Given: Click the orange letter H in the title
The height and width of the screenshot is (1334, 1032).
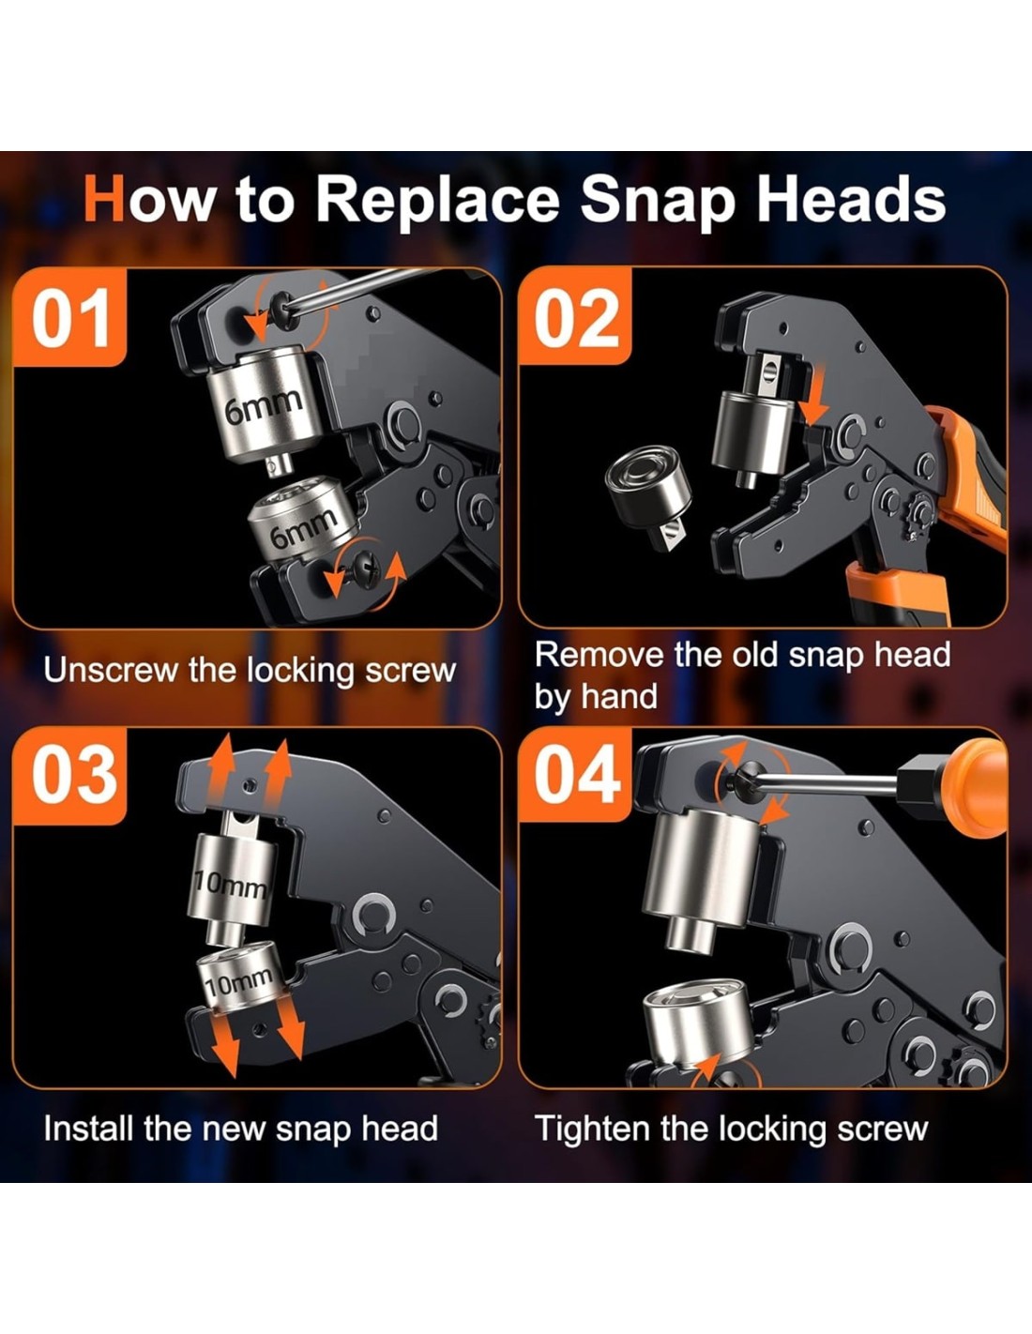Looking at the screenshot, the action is pos(104,198).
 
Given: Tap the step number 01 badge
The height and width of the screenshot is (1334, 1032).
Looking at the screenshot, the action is pos(70,317).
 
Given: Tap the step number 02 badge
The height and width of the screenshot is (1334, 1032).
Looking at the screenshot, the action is pos(575,317).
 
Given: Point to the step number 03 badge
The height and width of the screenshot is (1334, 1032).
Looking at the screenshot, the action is pos(70,776).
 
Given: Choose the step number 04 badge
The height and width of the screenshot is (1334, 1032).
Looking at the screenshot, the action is pos(575,776).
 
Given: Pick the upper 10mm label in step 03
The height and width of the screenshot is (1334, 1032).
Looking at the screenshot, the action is pos(231,887).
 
